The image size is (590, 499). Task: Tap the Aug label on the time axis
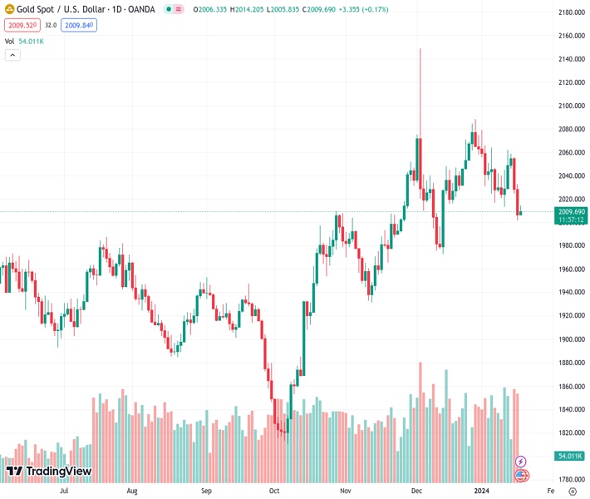click(x=132, y=491)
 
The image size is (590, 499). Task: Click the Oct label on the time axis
click(x=274, y=491)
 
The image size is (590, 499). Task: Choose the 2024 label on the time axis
click(x=481, y=491)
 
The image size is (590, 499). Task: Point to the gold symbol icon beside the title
click(x=10, y=10)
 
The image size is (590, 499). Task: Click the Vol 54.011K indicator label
click(x=25, y=40)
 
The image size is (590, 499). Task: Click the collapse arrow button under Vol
click(x=12, y=55)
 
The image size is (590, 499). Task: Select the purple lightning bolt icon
click(x=521, y=461)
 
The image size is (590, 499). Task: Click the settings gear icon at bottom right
click(x=572, y=491)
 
